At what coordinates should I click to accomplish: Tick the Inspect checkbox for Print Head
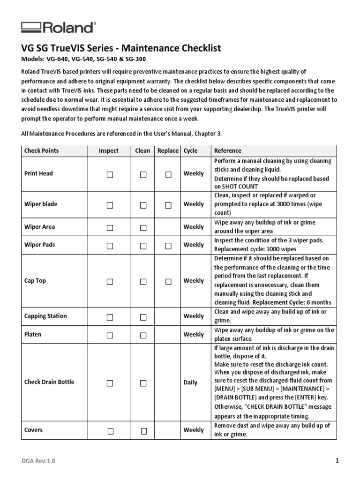pos(110,174)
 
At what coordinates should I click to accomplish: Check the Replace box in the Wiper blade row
pos(168,205)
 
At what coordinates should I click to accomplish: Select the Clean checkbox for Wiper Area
pos(143,228)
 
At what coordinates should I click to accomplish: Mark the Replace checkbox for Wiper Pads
pos(168,246)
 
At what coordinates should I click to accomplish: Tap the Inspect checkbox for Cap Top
pos(110,282)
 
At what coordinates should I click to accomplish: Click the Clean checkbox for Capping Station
pos(143,317)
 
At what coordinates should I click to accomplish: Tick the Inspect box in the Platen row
pos(110,336)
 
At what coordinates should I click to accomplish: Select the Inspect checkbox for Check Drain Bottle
pos(110,383)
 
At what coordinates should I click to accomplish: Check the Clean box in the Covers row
pos(144,431)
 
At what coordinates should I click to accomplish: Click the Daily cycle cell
pos(190,382)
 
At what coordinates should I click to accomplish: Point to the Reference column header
pos(227,150)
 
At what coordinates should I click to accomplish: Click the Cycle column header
pos(190,150)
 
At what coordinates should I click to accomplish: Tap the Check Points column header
pos(42,150)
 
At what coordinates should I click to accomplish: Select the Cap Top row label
pos(35,281)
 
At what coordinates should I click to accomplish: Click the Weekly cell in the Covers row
pos(194,430)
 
